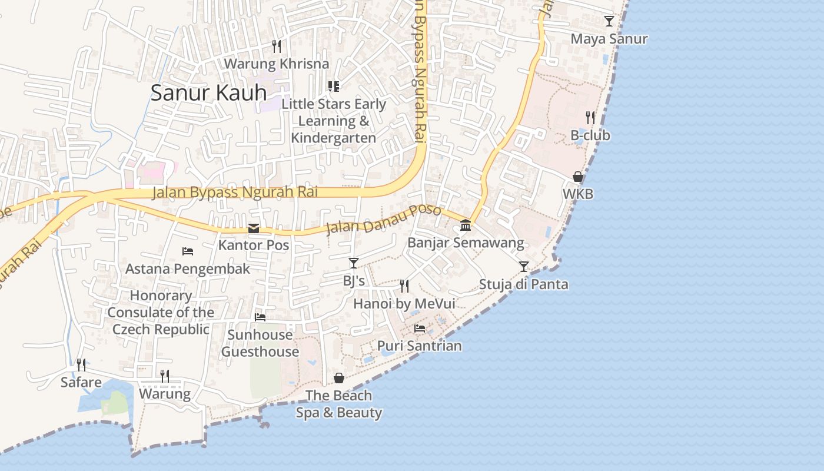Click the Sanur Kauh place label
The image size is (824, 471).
click(208, 92)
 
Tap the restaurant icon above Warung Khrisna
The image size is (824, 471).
click(277, 46)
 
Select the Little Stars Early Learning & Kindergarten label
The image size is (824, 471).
click(334, 121)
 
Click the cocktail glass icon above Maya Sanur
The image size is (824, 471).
click(609, 21)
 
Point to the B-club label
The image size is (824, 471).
click(590, 135)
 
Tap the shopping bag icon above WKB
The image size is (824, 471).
click(578, 177)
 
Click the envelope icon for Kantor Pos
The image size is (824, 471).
click(254, 228)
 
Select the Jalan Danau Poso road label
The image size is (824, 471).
click(383, 220)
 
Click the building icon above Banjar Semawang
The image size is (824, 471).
click(466, 225)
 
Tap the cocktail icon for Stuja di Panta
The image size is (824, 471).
click(523, 267)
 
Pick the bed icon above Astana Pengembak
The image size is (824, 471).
click(188, 251)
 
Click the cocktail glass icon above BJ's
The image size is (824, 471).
click(354, 263)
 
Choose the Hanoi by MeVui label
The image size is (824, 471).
click(404, 304)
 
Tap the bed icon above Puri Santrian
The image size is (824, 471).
click(420, 328)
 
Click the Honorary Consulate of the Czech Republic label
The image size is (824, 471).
click(161, 312)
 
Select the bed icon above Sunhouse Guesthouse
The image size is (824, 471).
click(260, 317)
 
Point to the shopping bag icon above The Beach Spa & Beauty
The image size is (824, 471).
click(339, 378)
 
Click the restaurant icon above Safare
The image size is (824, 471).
click(81, 365)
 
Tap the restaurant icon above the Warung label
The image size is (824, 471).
click(165, 376)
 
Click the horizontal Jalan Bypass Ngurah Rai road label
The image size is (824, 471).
click(235, 192)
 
